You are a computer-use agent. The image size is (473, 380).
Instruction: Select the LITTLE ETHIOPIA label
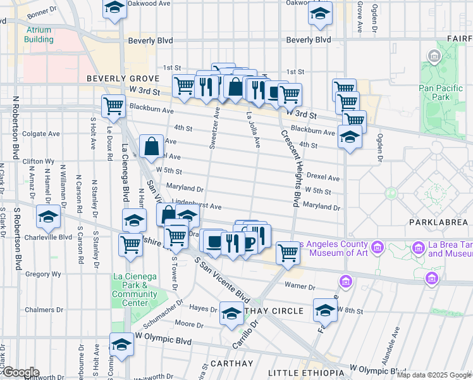303,372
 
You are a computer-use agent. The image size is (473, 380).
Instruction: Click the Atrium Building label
39,34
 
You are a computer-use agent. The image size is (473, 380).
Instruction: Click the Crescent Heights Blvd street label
289,168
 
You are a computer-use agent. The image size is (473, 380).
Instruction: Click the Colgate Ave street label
41,134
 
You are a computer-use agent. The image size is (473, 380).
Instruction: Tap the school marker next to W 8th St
326,310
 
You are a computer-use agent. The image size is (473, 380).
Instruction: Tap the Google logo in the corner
20,372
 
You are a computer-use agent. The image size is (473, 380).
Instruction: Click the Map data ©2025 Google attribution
434,375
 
